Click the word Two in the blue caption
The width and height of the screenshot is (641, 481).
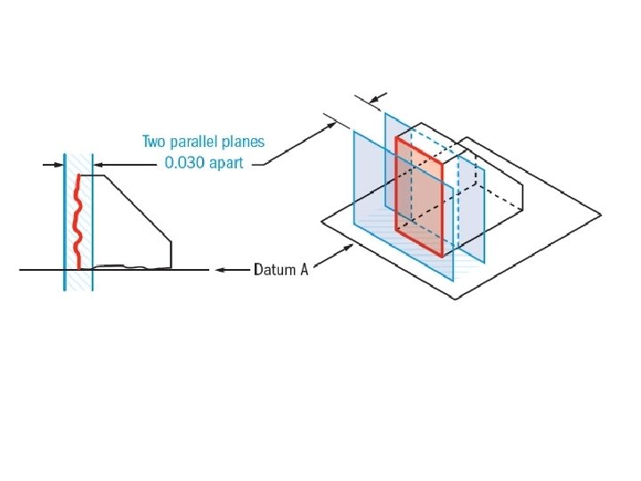[154, 143]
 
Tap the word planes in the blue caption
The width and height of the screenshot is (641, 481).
[244, 143]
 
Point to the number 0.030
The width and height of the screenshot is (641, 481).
[184, 164]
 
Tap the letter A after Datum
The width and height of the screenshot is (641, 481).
[304, 269]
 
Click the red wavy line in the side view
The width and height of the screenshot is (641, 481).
[77, 223]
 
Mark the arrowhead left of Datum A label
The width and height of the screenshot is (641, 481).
[219, 268]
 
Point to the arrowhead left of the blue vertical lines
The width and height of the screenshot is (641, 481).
[60, 164]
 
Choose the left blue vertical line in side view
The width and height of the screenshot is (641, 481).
[64, 223]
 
